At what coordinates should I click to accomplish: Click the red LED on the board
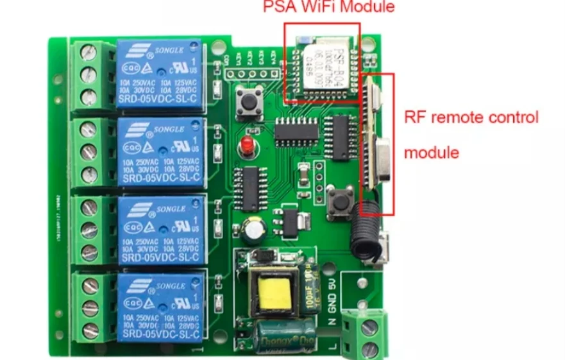click(246, 146)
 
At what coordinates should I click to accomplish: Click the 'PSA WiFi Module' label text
click(328, 8)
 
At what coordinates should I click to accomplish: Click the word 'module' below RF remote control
click(432, 153)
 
